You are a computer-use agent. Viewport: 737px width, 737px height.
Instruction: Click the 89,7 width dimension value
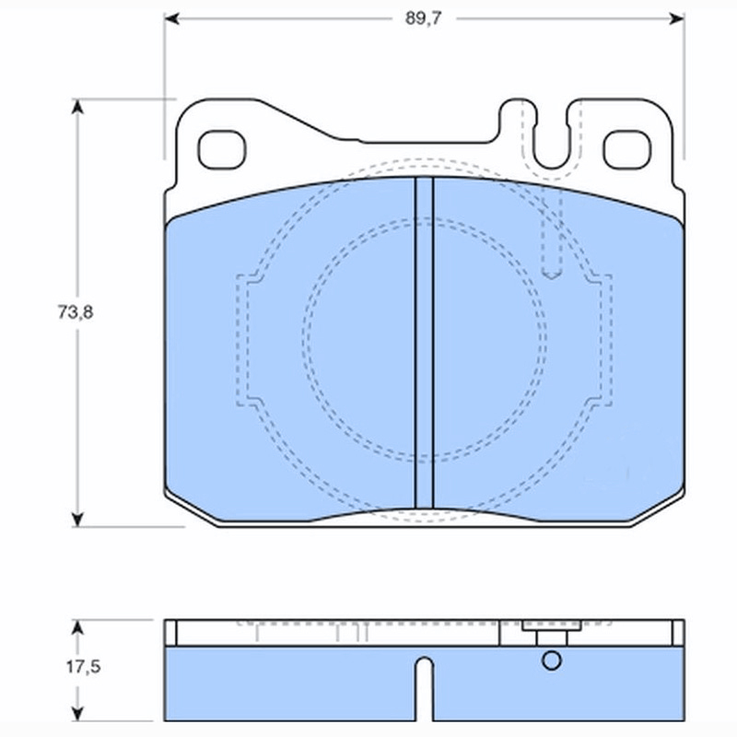(423, 18)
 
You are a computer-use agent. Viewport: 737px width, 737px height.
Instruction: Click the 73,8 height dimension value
(76, 312)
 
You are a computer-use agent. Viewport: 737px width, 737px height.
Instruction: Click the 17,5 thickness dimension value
(83, 666)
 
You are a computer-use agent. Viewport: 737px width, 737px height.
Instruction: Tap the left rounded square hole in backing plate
(222, 150)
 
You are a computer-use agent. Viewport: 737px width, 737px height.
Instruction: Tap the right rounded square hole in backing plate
(627, 150)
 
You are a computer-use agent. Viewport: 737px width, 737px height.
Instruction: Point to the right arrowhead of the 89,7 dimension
(677, 18)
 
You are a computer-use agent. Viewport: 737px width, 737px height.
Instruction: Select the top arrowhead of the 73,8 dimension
(77, 106)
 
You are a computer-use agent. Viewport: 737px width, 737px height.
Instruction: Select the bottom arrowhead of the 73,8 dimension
(77, 520)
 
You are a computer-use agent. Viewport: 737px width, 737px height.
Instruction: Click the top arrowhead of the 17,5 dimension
(77, 627)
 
